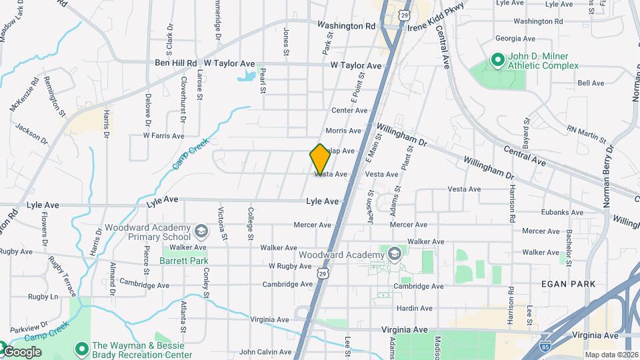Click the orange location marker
pyautogui.click(x=320, y=159)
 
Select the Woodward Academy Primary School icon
pyautogui.click(x=201, y=231)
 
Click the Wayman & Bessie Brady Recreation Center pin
pyautogui.click(x=81, y=349)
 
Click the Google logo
pyautogui.click(x=21, y=351)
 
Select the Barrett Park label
pyautogui.click(x=184, y=261)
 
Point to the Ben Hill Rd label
pyautogui.click(x=176, y=63)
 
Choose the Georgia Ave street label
pyautogui.click(x=515, y=39)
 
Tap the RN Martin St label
pyautogui.click(x=586, y=134)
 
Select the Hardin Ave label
pyautogui.click(x=415, y=308)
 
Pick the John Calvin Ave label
pyautogui.click(x=265, y=351)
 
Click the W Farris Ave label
pyautogui.click(x=163, y=136)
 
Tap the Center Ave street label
pyautogui.click(x=349, y=111)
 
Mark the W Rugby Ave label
pyautogui.click(x=290, y=266)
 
